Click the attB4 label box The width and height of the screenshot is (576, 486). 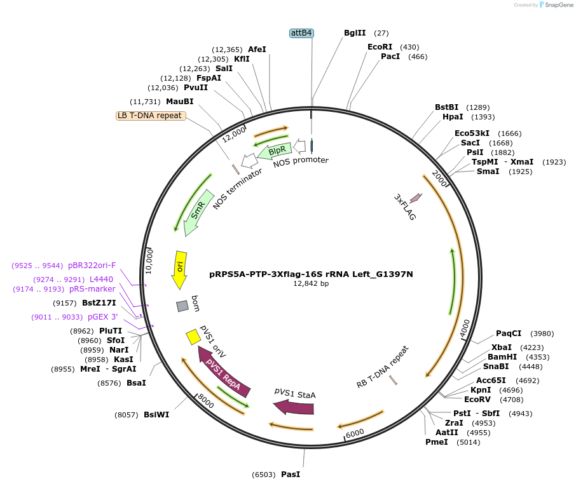[301, 33]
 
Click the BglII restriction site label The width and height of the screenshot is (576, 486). [355, 33]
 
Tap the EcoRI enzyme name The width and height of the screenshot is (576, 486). [380, 47]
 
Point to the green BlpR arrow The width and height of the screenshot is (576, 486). [275, 151]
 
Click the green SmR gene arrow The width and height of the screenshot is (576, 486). [198, 212]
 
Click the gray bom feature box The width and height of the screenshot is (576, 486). [182, 306]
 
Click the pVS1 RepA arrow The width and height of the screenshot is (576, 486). [223, 372]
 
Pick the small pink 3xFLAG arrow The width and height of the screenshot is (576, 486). [416, 198]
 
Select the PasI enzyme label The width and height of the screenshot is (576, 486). [290, 475]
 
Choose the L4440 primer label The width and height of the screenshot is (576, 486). [101, 279]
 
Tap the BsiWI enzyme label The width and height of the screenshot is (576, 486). [156, 415]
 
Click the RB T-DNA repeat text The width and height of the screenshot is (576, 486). [382, 367]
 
